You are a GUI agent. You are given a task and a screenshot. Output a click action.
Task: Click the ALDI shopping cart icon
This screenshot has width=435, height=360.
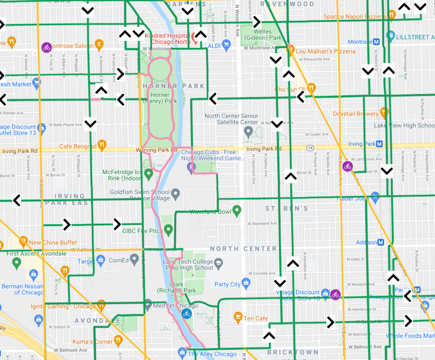click(x=226, y=44)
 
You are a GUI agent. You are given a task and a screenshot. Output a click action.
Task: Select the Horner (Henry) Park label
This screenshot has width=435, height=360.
click(x=160, y=98)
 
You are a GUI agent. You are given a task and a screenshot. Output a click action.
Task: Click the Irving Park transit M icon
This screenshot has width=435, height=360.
click(x=379, y=144)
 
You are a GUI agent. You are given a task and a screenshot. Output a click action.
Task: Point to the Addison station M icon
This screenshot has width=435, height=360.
click(x=381, y=242)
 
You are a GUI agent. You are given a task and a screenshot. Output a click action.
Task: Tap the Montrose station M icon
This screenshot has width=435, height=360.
click(x=376, y=42)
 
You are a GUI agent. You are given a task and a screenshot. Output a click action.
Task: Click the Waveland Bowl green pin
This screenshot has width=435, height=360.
click(x=237, y=210)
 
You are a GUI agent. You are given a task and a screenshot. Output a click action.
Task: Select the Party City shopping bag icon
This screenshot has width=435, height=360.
click(x=246, y=282)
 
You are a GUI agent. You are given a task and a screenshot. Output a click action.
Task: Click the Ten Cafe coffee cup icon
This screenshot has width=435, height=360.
click(x=238, y=317)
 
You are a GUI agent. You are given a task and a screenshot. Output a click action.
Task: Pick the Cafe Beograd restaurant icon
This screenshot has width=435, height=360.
click(x=102, y=145)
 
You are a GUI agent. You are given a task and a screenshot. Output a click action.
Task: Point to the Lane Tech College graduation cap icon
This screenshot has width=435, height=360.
click(x=218, y=262)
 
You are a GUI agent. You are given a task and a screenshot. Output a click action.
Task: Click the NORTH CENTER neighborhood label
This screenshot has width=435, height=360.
click(x=243, y=249)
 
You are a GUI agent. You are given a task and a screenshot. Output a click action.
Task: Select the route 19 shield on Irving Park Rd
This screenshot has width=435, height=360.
click(x=310, y=148)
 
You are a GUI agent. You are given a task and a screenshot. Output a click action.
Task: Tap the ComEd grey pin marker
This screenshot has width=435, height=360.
click(x=134, y=259)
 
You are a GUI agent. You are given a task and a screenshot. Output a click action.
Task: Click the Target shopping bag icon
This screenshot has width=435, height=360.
click(x=100, y=260)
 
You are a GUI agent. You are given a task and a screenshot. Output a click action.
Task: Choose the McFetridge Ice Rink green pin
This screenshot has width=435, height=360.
click(x=148, y=174)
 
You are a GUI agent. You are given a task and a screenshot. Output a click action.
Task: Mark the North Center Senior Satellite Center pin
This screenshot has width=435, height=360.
click(x=248, y=131)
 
